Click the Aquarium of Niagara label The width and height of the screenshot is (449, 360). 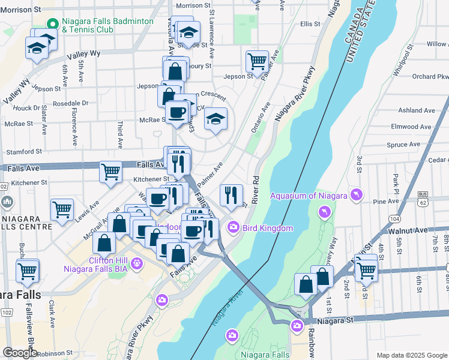[309, 196]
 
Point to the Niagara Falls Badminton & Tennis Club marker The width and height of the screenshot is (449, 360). [53, 24]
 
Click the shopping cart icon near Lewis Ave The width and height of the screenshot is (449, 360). [62, 209]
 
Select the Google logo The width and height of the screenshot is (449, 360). [20, 352]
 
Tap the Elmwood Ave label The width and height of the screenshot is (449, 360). [411, 127]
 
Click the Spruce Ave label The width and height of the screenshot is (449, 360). [403, 145]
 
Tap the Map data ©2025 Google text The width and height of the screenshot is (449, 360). [412, 355]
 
